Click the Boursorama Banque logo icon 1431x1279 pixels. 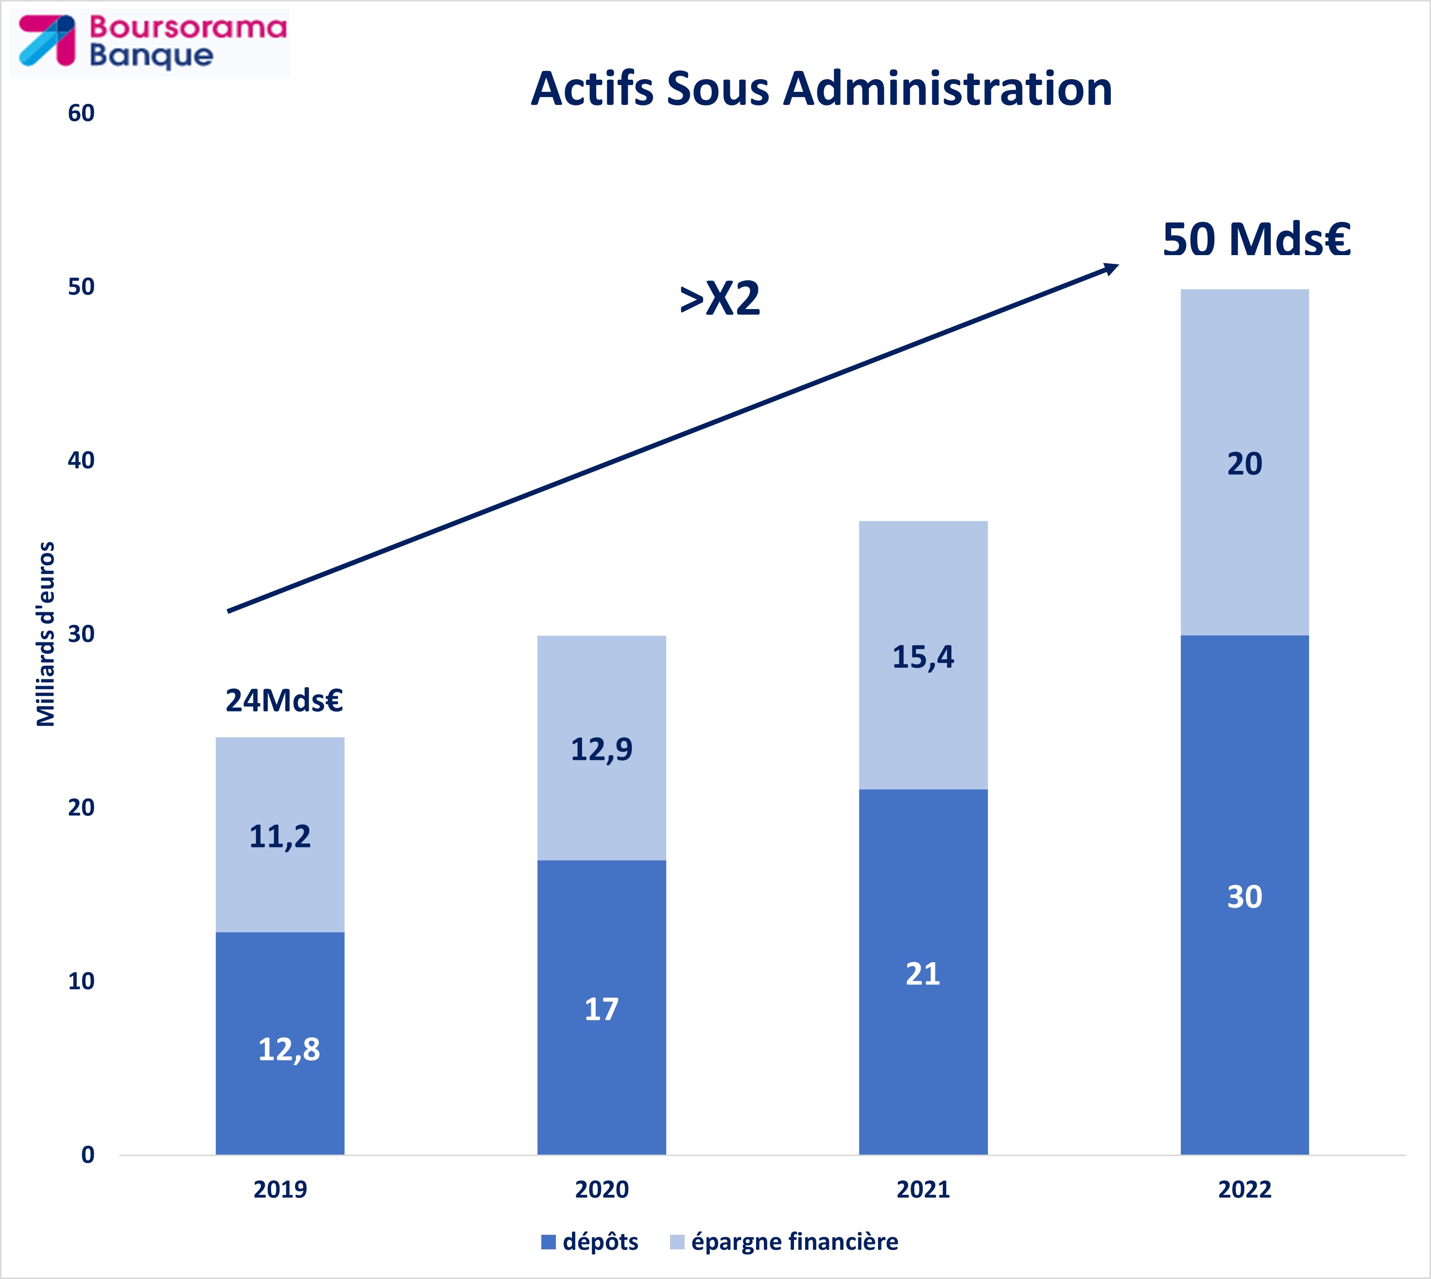pyautogui.click(x=46, y=41)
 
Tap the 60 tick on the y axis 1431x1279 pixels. pyautogui.click(x=81, y=113)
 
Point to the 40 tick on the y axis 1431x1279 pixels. pyautogui.click(x=81, y=460)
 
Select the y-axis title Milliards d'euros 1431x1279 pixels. pyautogui.click(x=46, y=634)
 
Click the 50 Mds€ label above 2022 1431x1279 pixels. pyautogui.click(x=1256, y=240)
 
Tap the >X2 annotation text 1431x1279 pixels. pyautogui.click(x=720, y=299)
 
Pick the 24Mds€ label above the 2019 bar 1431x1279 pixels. pyautogui.click(x=283, y=701)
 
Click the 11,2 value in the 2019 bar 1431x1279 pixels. pyautogui.click(x=280, y=836)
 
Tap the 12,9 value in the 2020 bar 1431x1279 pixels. pyautogui.click(x=601, y=749)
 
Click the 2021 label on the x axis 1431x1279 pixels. pyautogui.click(x=923, y=1190)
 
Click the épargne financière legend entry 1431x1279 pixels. pyautogui.click(x=784, y=1242)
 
